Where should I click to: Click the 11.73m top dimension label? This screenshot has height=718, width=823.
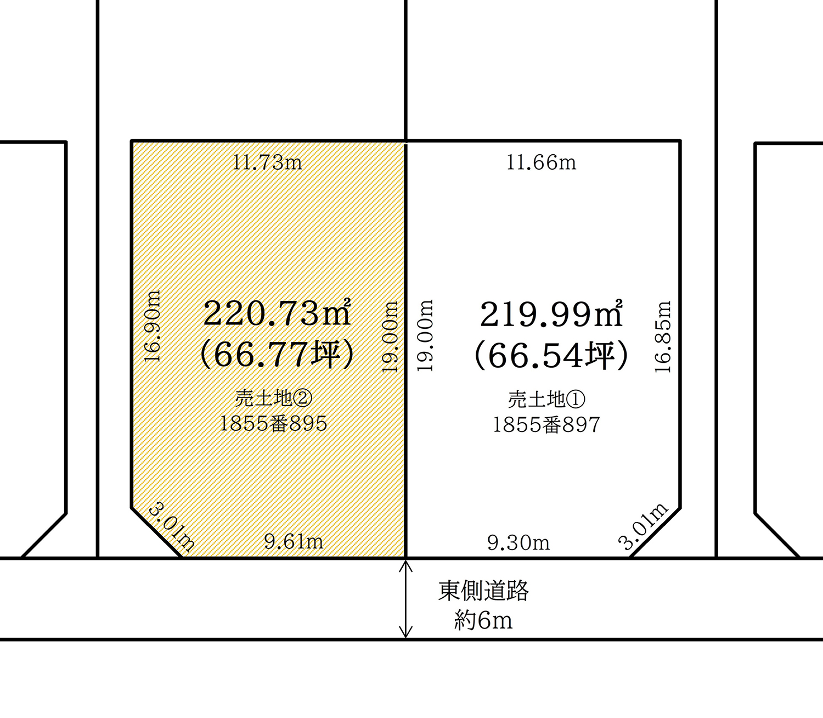(268, 163)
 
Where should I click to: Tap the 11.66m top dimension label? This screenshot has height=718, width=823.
(542, 163)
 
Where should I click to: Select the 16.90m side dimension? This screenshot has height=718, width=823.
(153, 326)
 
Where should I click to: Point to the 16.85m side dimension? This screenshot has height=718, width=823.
(663, 336)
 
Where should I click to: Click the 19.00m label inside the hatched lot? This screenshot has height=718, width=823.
(390, 336)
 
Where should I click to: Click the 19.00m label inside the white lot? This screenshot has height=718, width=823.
(425, 335)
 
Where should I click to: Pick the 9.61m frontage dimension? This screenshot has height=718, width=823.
(294, 542)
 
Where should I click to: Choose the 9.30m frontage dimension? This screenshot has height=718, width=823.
(518, 543)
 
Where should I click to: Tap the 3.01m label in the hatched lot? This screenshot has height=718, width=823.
(172, 526)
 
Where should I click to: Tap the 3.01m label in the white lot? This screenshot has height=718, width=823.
(643, 526)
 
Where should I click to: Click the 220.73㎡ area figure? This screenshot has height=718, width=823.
(277, 313)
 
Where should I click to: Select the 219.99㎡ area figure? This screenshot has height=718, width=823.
(551, 313)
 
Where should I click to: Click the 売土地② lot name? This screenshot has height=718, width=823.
(274, 399)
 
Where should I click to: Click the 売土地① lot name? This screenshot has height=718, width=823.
(546, 400)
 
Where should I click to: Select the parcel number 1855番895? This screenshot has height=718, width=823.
(274, 423)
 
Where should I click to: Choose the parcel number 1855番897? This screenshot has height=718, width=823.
(546, 425)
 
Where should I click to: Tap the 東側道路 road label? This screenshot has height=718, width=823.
(483, 591)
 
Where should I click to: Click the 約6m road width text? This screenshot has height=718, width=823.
(483, 620)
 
